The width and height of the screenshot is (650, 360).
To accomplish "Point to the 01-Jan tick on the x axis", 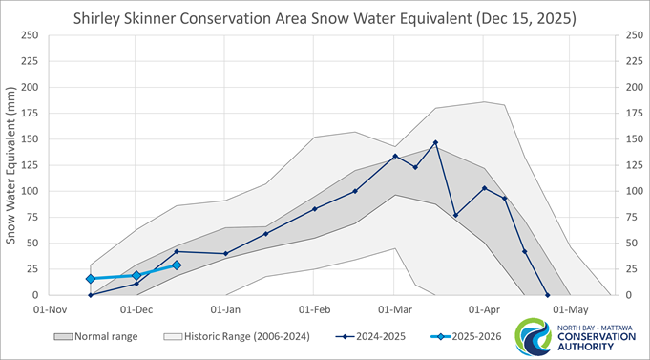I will (225, 309).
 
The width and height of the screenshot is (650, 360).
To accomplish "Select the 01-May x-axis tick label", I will (570, 309).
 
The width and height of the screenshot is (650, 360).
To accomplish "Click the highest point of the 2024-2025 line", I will (435, 143).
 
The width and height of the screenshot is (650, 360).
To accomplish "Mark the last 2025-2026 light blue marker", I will (177, 265).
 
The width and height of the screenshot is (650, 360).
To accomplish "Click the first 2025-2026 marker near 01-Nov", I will (91, 279).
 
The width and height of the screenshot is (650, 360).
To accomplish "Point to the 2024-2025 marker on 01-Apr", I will (485, 188).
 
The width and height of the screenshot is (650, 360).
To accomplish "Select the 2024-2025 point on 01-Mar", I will (395, 157).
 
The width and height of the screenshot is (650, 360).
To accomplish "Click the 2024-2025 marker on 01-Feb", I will (314, 209).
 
